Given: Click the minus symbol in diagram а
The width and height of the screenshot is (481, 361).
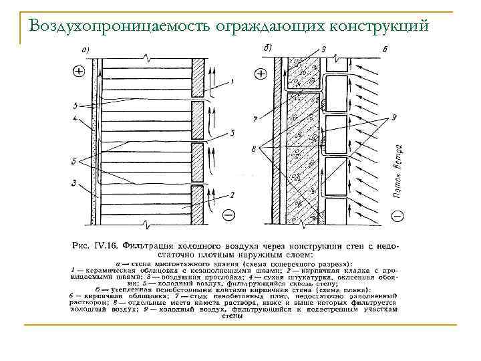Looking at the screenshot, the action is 228,215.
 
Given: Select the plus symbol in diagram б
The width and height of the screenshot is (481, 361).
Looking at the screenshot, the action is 259,71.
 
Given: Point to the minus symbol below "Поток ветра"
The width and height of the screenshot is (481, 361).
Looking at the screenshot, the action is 397,215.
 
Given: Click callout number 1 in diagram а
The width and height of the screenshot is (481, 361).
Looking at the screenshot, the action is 231,82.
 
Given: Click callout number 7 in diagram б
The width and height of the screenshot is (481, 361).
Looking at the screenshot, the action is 255,119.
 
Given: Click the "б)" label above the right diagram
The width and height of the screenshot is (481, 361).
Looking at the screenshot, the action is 269,47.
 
